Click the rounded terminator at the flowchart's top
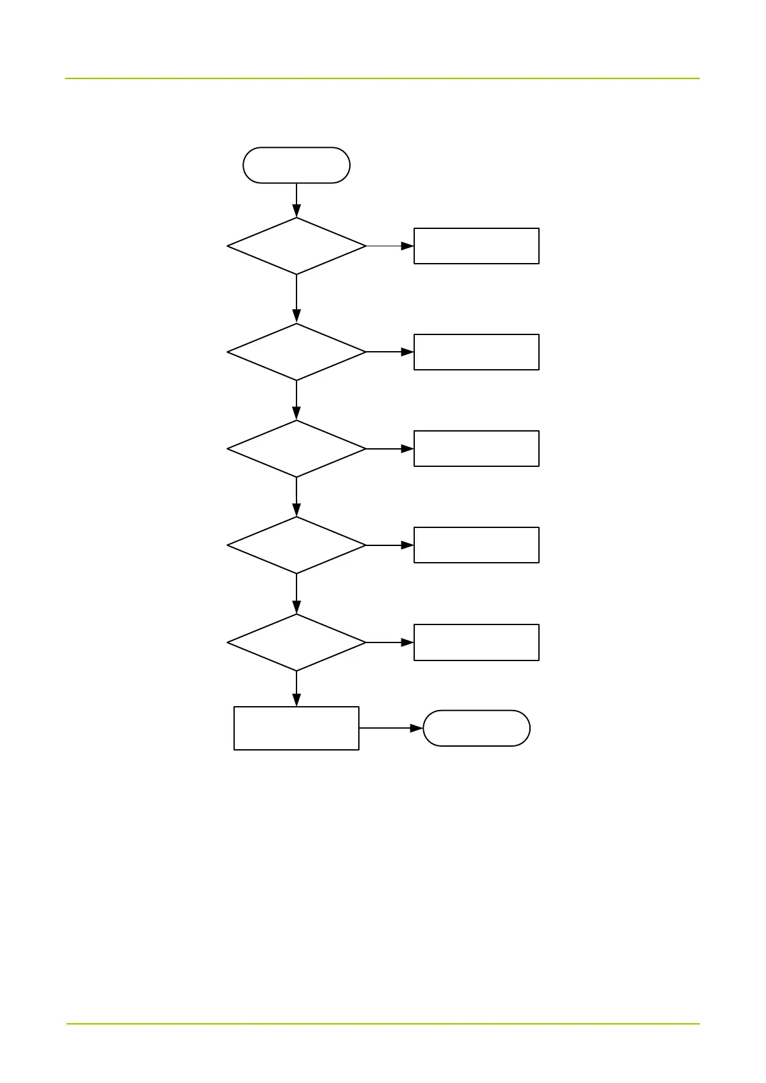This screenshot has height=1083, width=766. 296,165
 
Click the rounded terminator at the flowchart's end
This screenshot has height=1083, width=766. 476,728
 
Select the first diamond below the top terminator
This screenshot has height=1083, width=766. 296,246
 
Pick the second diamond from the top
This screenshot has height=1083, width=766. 296,352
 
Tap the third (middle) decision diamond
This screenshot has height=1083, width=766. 296,448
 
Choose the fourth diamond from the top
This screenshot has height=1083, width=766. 296,545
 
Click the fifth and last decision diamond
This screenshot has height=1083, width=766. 296,642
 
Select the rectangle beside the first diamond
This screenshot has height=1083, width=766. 476,246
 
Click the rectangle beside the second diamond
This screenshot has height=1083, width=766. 476,352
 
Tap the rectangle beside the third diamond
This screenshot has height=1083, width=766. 476,448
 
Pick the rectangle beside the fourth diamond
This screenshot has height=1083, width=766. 476,545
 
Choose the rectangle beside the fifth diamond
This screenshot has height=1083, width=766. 476,642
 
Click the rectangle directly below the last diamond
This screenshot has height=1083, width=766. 296,728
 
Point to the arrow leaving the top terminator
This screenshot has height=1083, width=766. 296,200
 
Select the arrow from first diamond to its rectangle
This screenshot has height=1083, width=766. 390,246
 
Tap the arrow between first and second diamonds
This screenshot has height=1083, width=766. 296,298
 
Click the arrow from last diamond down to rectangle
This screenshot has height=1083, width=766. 296,689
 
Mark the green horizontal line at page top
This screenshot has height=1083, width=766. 382,78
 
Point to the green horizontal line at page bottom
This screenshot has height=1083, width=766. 382,1023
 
